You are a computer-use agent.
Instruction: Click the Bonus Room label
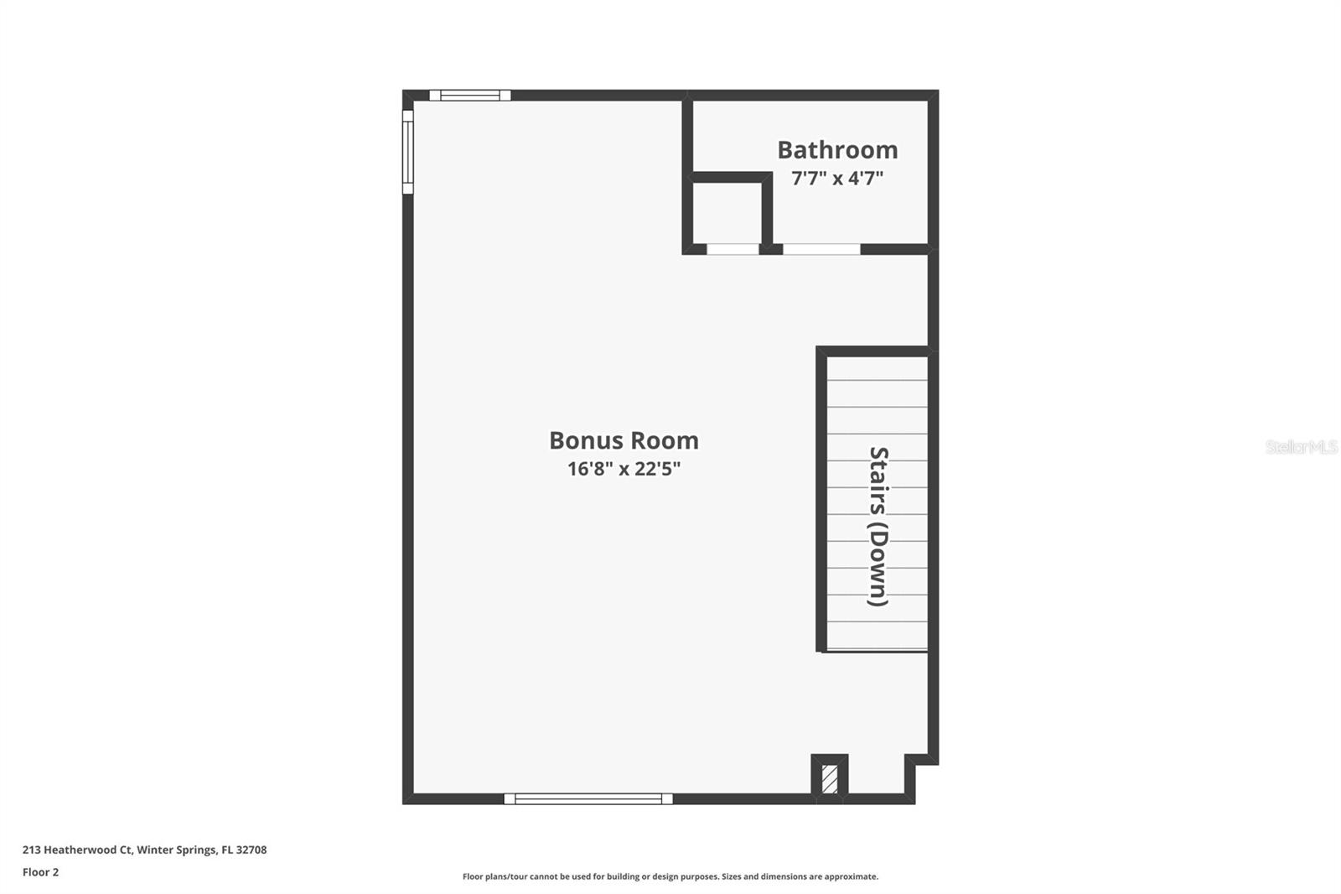624,440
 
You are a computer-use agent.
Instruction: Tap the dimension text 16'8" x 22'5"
624,468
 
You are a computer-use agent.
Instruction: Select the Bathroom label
837,149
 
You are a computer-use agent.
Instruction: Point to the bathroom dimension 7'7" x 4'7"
837,178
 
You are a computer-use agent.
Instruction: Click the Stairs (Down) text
878,526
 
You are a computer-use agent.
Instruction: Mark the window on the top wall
469,95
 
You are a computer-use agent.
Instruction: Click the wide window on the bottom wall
588,798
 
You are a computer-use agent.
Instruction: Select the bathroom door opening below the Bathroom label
821,249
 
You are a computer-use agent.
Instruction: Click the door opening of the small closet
733,249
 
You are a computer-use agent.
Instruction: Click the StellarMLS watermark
1301,447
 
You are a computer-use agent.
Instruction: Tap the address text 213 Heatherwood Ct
76,850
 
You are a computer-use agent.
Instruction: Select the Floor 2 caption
40,872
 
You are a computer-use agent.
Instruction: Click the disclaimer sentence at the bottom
670,876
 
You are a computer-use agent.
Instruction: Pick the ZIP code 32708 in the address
251,850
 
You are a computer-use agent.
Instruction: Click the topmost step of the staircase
878,369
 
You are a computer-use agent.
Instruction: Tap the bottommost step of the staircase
878,637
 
